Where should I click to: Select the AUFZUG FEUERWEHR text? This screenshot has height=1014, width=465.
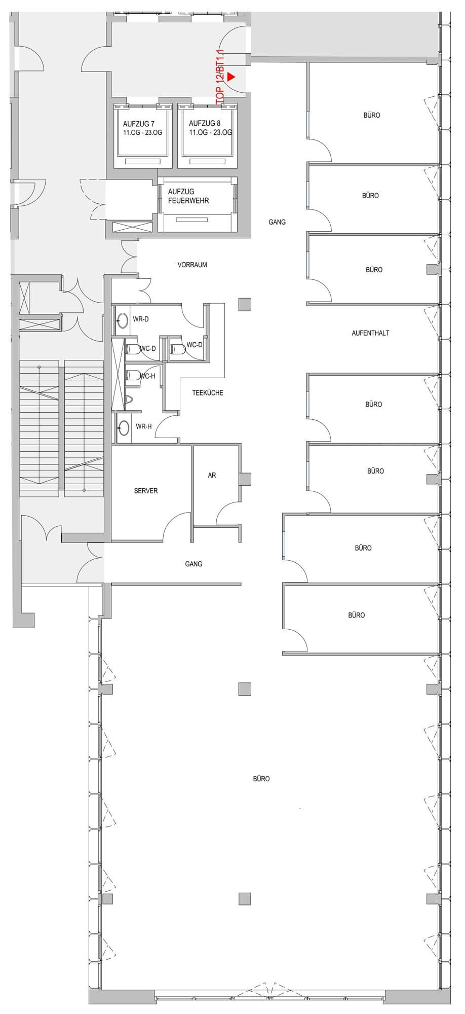[188, 196]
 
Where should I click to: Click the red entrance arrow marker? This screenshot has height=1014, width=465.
[231, 77]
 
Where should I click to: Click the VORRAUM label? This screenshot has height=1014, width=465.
[192, 265]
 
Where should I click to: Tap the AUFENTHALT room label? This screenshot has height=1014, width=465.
[370, 333]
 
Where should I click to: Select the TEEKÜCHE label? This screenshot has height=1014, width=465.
[208, 393]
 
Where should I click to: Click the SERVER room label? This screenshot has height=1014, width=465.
[146, 491]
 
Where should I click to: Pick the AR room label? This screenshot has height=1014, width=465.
[212, 475]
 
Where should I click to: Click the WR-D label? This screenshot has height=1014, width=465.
[141, 319]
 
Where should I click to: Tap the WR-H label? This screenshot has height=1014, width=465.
[143, 427]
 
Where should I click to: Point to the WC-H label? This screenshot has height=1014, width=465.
[147, 376]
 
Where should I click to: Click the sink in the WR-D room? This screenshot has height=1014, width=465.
[122, 320]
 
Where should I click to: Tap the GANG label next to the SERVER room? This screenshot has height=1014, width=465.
[193, 564]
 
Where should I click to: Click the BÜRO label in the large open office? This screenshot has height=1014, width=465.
[261, 779]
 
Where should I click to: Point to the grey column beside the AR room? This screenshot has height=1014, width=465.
[245, 479]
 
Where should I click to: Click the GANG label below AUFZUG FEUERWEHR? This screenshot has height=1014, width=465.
[277, 222]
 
